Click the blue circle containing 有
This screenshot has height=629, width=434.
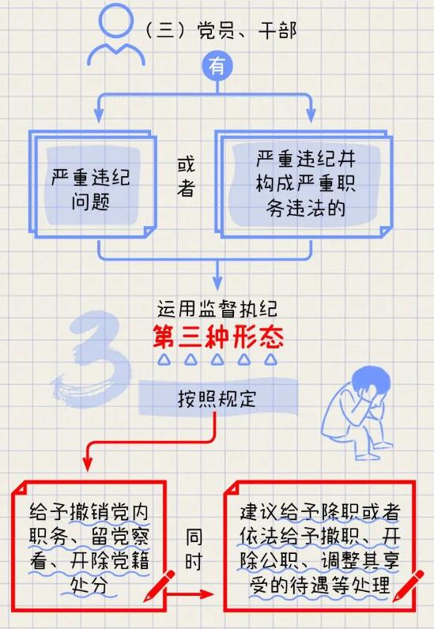click(x=217, y=66)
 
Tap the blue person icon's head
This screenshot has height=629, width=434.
click(x=116, y=21)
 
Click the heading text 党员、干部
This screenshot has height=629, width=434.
click(x=247, y=31)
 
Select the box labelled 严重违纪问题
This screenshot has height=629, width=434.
click(x=92, y=184)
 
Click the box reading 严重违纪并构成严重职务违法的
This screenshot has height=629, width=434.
click(x=304, y=184)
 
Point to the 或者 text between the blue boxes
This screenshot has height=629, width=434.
click(x=186, y=176)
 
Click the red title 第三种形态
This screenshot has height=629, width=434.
click(x=218, y=337)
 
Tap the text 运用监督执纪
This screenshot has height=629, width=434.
click(x=217, y=309)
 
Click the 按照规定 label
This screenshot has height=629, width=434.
click(x=217, y=399)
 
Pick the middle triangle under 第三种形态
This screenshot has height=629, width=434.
click(x=217, y=360)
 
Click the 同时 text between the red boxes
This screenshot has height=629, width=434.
click(x=194, y=549)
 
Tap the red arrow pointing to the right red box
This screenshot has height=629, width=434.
click(x=189, y=594)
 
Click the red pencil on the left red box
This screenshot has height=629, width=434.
click(x=159, y=586)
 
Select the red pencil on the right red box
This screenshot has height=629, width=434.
click(x=408, y=586)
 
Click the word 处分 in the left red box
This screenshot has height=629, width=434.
click(x=89, y=586)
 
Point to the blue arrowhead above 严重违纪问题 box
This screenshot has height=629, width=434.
click(x=99, y=115)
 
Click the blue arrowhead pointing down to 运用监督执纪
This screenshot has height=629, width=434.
click(x=217, y=282)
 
